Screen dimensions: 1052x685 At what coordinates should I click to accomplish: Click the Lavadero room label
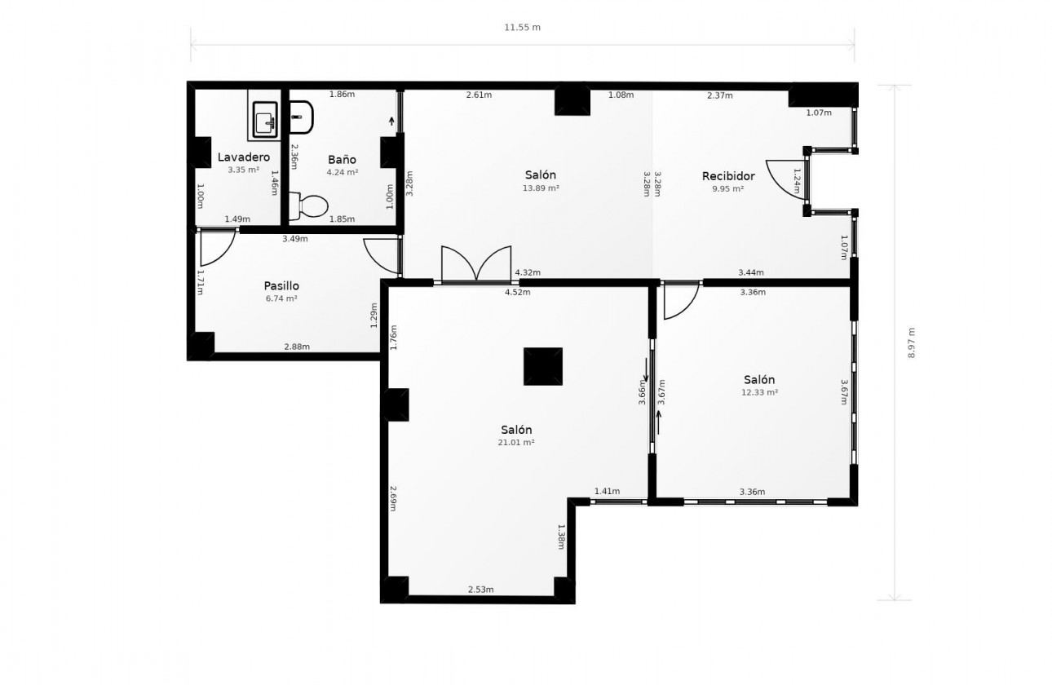[x=244, y=157]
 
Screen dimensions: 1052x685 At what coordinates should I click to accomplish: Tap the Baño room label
[x=342, y=159]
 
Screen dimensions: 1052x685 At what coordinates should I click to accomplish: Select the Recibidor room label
[x=728, y=176]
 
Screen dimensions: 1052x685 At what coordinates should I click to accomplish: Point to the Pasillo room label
[x=281, y=286]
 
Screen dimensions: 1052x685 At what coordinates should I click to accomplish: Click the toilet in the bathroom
[x=308, y=206]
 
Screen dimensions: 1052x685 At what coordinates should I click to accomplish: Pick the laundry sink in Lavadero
[x=265, y=119]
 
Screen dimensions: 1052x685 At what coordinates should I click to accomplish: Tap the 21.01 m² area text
[x=516, y=442]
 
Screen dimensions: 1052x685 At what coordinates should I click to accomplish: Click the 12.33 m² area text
[x=759, y=392]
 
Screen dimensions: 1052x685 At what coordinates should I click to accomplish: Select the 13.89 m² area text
[x=541, y=188]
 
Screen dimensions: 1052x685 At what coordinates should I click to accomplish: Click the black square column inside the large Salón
[x=543, y=366]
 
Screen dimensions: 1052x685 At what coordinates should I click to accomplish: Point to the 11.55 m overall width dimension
[x=522, y=27]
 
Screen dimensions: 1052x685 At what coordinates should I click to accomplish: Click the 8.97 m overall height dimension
[x=911, y=342]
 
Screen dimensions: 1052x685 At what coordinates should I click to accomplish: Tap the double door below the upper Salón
[x=476, y=264]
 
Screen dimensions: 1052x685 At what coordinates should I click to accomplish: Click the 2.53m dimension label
[x=480, y=590]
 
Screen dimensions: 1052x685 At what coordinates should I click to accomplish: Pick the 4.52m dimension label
[x=518, y=292]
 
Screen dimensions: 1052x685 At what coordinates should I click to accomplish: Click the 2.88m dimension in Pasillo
[x=297, y=347]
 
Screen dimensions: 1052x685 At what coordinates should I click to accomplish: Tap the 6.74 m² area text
[x=281, y=298]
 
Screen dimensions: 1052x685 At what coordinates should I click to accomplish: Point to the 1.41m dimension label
[x=607, y=491]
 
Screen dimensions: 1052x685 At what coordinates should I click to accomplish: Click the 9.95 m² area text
[x=728, y=188]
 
